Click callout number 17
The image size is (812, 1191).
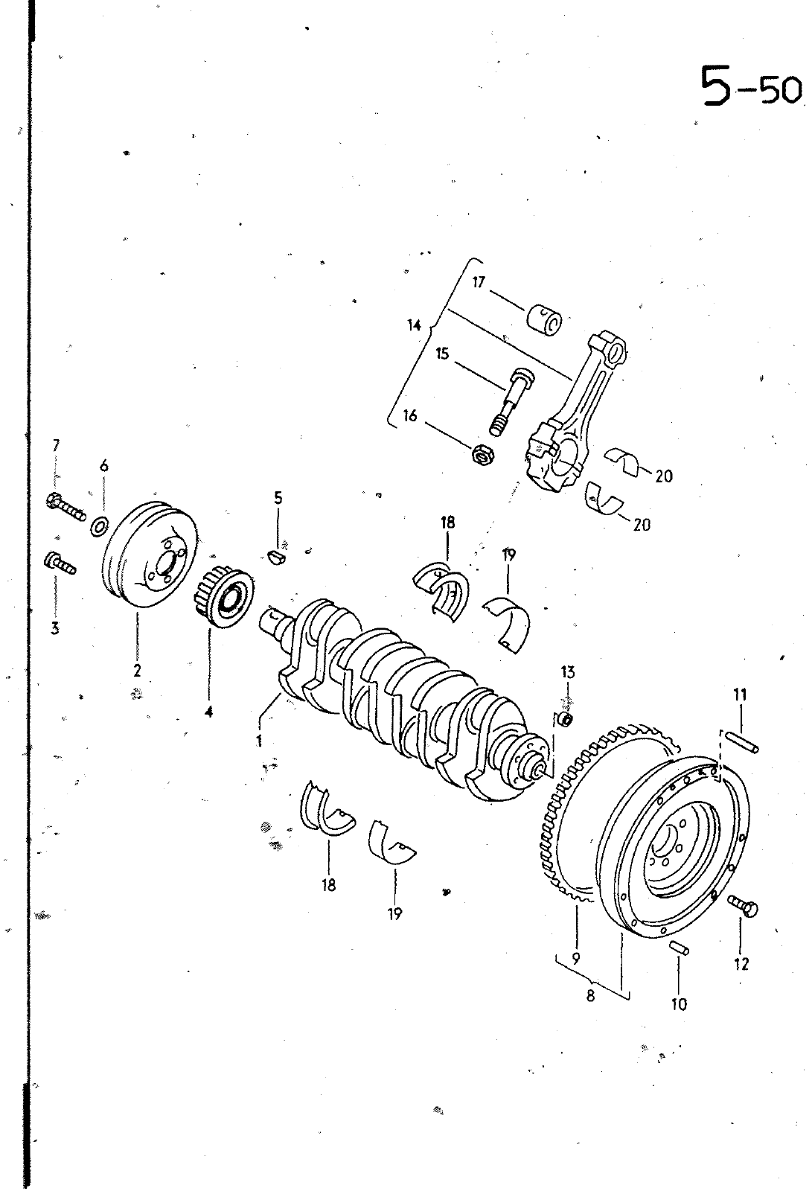pyautogui.click(x=479, y=282)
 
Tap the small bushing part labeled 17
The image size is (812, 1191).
pyautogui.click(x=545, y=319)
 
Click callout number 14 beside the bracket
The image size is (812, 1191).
pyautogui.click(x=415, y=325)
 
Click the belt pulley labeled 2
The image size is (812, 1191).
pyautogui.click(x=149, y=557)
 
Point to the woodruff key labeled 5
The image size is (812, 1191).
pyautogui.click(x=277, y=558)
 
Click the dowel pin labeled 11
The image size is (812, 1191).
pyautogui.click(x=742, y=743)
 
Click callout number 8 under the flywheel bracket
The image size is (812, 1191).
pyautogui.click(x=591, y=997)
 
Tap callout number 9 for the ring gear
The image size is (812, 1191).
pyautogui.click(x=575, y=958)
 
